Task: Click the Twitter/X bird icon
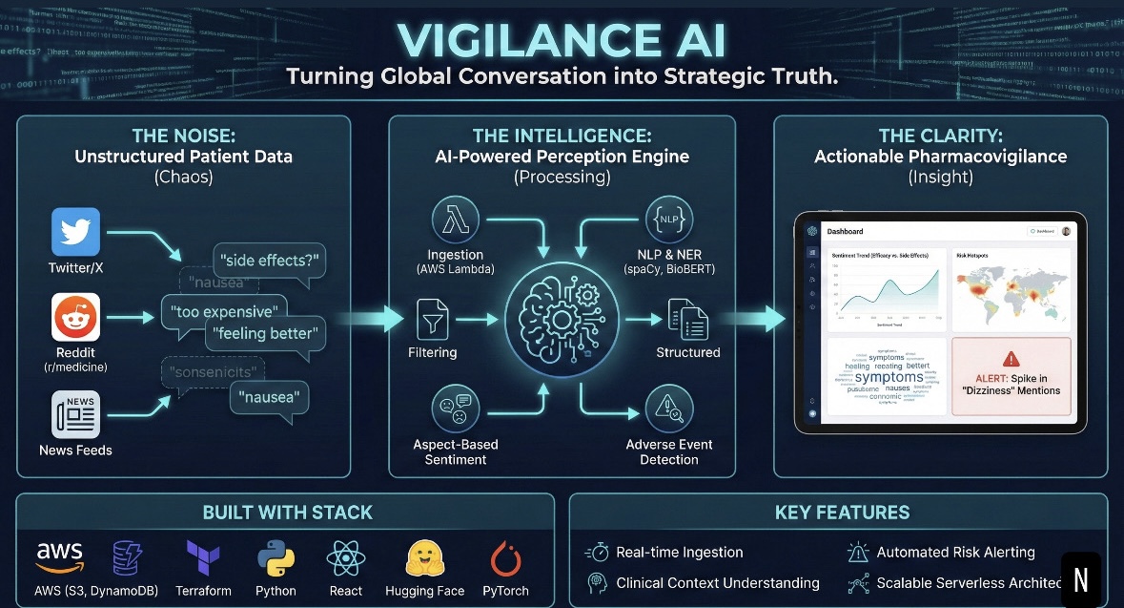click(75, 231)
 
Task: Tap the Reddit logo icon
click(75, 317)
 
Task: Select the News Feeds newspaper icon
click(75, 417)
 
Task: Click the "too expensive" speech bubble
click(225, 311)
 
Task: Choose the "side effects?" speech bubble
click(271, 260)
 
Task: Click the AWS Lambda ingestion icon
click(456, 221)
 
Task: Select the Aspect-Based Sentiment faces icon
click(455, 410)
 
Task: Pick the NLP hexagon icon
click(669, 220)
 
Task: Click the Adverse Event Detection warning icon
click(668, 411)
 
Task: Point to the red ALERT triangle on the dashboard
click(1011, 359)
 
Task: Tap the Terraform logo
click(204, 556)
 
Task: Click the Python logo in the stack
click(275, 556)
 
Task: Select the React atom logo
click(345, 556)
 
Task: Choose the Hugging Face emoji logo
click(424, 556)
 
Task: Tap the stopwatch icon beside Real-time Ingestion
click(598, 552)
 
